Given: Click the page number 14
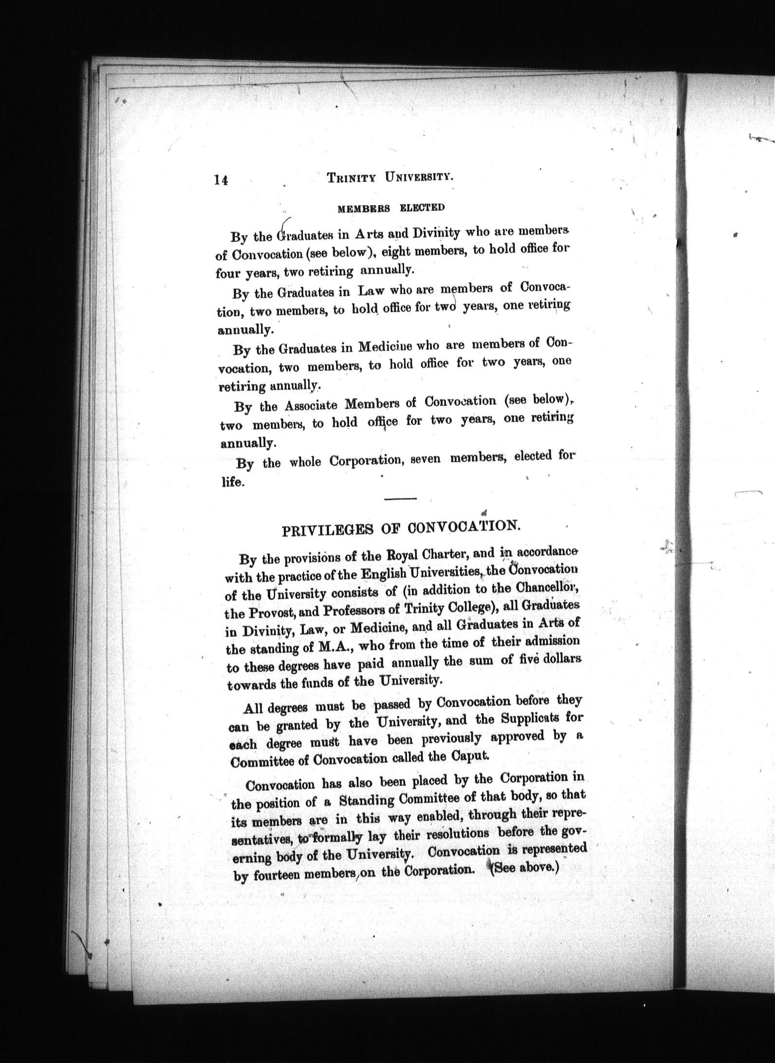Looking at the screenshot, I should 220,180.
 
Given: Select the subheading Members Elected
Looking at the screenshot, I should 391,208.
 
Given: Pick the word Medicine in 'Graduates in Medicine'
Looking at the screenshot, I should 385,347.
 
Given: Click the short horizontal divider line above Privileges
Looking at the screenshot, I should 400,498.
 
